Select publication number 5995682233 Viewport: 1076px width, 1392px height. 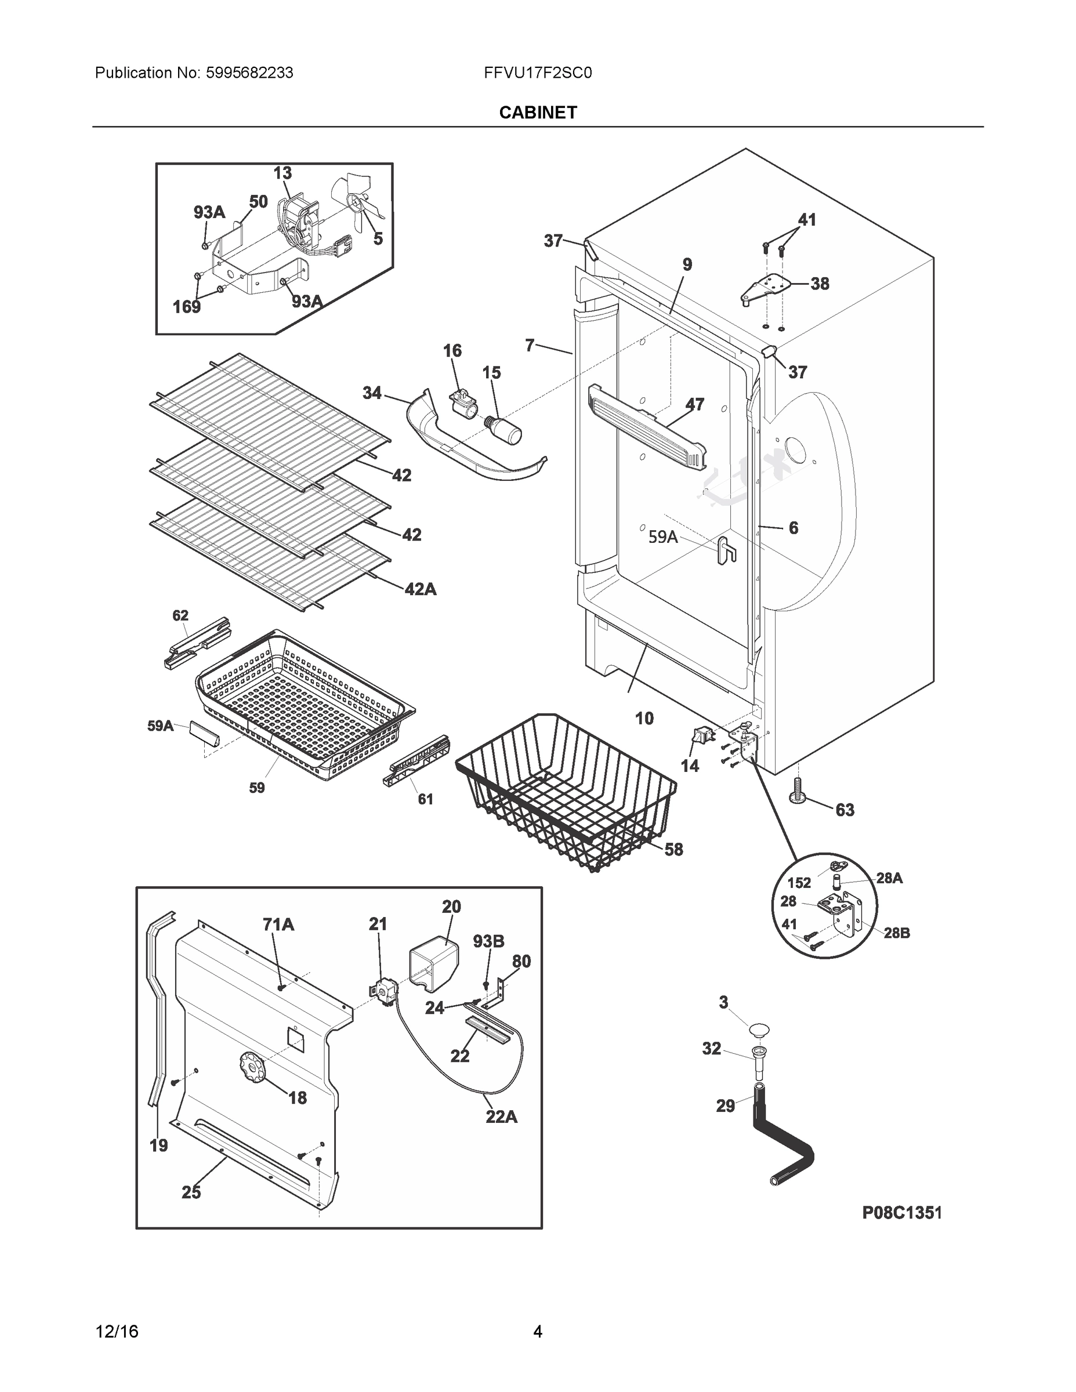point(249,73)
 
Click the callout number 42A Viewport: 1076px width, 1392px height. point(421,589)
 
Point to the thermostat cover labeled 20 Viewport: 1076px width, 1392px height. point(433,967)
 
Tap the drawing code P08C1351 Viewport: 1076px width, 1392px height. point(901,1213)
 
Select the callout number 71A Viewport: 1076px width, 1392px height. point(278,923)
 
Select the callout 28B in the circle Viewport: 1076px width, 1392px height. point(896,933)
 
